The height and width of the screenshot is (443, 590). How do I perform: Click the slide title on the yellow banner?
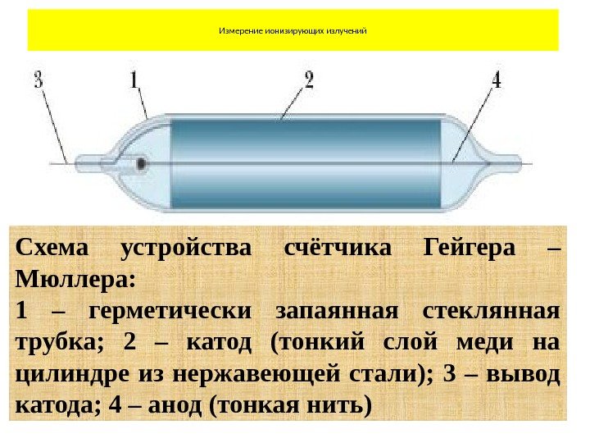[292, 31]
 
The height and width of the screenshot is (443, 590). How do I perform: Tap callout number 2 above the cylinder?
[309, 80]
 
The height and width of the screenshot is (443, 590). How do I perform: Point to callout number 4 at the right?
[497, 80]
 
